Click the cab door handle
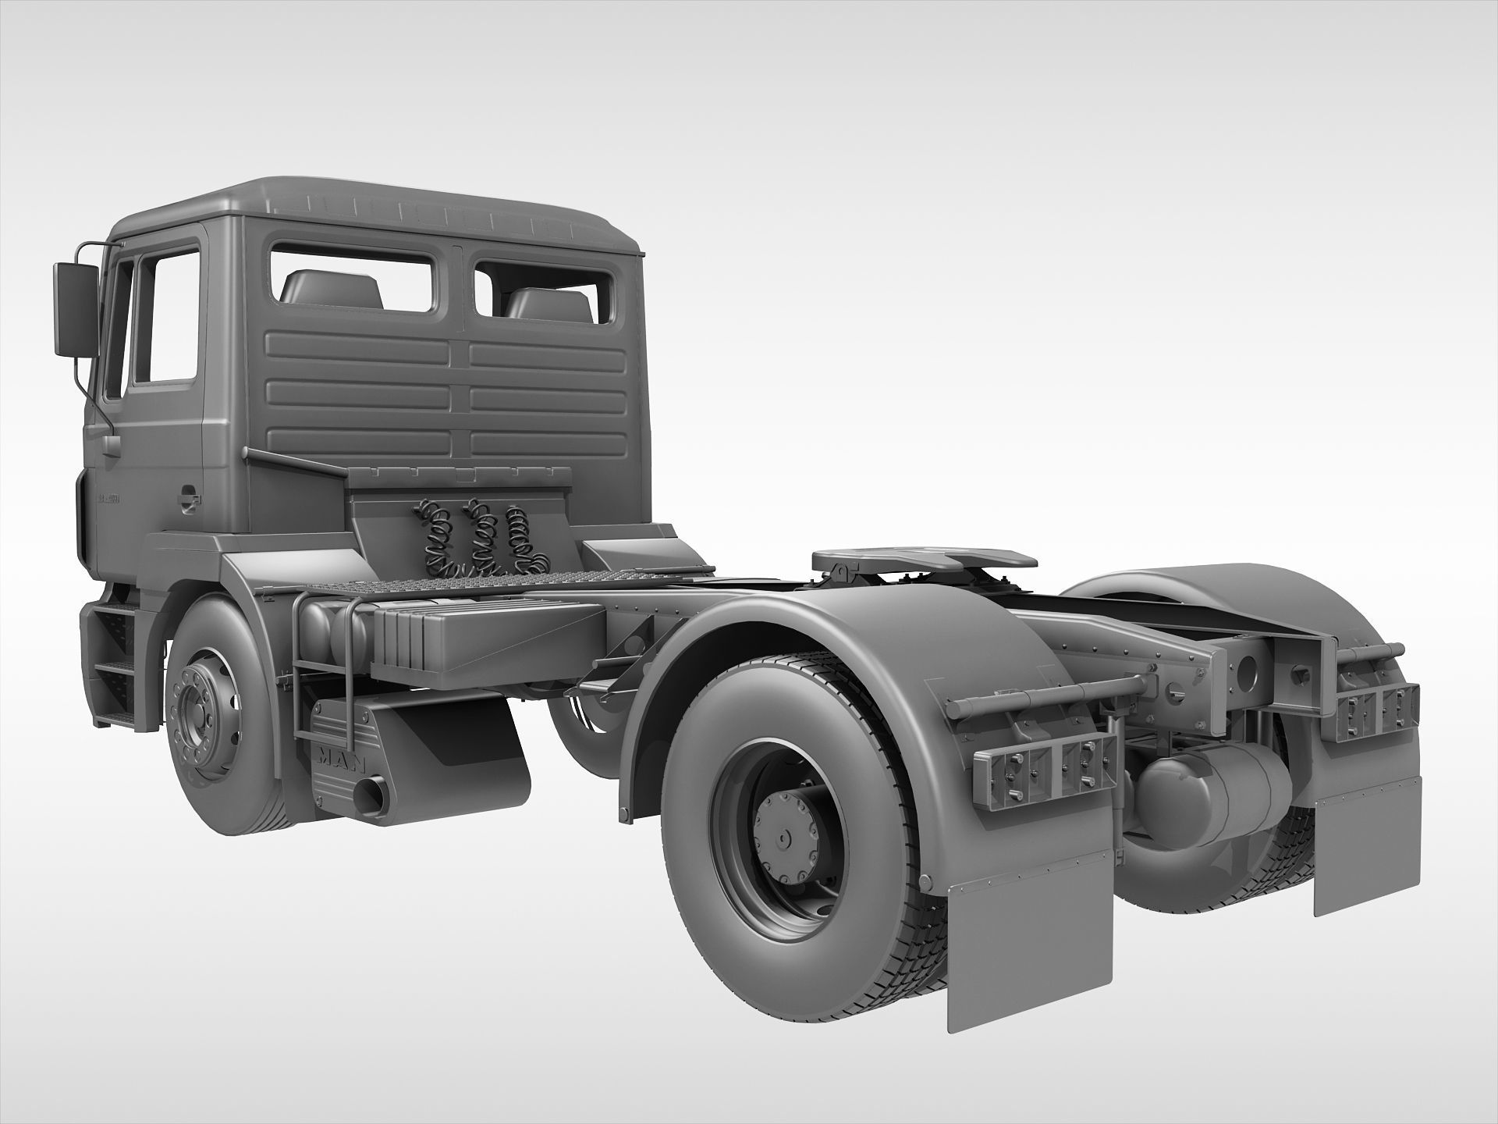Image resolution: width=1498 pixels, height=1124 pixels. (187, 496)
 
